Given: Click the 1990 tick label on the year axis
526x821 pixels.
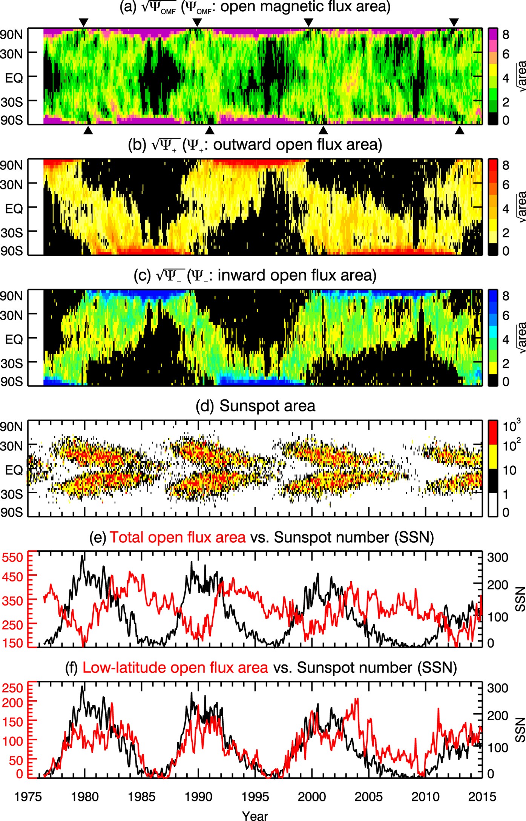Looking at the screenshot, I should (198, 796).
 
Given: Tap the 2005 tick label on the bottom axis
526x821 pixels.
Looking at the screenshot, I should (368, 796).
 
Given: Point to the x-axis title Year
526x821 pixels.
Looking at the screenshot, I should (255, 815).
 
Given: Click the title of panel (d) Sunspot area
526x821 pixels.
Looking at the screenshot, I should (255, 406).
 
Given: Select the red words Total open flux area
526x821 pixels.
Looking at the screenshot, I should (178, 537).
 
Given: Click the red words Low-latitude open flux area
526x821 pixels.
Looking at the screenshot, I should (175, 668).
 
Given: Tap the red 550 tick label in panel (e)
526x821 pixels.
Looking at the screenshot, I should (12, 557).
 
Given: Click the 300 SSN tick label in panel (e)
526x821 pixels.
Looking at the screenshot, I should (498, 557).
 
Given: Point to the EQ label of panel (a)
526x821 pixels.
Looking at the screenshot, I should (14, 78).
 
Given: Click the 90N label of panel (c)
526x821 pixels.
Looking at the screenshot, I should (11, 296).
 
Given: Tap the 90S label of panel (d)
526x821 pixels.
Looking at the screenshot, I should (11, 512).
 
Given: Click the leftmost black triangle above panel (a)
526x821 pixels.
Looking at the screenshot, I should (84, 22).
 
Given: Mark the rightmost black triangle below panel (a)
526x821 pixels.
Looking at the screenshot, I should (460, 130).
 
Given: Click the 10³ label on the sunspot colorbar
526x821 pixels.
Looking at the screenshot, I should (511, 426).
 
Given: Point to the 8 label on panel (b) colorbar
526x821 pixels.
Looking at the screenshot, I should (506, 165).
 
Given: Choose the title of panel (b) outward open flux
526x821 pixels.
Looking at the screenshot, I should (255, 145).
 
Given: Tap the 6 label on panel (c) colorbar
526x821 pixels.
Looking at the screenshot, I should (506, 315).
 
